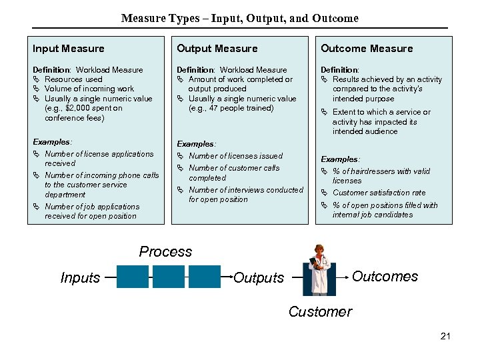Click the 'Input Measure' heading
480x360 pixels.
[69, 49]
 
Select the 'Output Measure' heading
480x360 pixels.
[217, 49]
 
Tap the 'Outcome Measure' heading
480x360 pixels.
[367, 49]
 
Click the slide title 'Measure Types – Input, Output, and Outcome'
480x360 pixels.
[240, 18]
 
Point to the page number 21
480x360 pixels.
[445, 336]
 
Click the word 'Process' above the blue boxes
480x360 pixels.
[165, 252]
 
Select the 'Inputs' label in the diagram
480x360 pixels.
[80, 278]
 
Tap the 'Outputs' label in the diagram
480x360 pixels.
[259, 278]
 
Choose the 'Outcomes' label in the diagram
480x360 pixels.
[385, 277]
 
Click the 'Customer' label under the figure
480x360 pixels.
[320, 311]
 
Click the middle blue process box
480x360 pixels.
[169, 277]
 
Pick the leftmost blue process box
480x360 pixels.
[132, 277]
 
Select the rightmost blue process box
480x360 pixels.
[204, 277]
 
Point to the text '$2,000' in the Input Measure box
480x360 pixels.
[71, 108]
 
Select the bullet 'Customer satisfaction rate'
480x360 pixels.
[379, 193]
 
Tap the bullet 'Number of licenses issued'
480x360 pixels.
[235, 156]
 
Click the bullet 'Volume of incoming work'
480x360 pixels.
[89, 89]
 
